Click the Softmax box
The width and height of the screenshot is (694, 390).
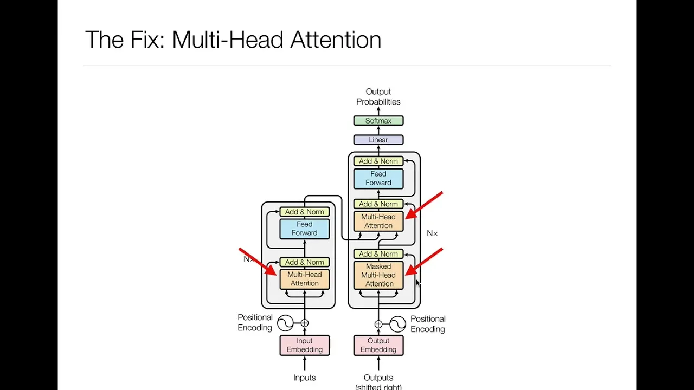[x=378, y=121]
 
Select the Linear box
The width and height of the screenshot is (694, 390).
[x=378, y=140]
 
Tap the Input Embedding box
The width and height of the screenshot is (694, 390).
[x=304, y=345]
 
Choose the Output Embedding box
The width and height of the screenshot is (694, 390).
[x=378, y=345]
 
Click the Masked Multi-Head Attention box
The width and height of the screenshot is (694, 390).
[x=378, y=275]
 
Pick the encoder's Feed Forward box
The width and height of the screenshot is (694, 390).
[x=304, y=229]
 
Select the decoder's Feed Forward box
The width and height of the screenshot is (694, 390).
[x=378, y=178]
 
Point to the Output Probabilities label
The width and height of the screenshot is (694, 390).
[x=378, y=96]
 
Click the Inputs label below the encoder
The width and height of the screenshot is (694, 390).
[x=304, y=378]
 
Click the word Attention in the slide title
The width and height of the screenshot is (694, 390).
[x=336, y=40]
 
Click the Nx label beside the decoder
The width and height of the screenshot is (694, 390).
[x=432, y=233]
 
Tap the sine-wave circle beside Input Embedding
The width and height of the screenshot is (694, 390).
[x=285, y=323]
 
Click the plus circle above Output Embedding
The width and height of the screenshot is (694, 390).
[x=378, y=324]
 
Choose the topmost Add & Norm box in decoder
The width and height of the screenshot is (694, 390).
[x=378, y=161]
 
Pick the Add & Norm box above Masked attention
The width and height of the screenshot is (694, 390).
[x=378, y=254]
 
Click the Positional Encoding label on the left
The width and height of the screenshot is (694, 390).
[x=255, y=322]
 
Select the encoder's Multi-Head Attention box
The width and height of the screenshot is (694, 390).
[x=304, y=279]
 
